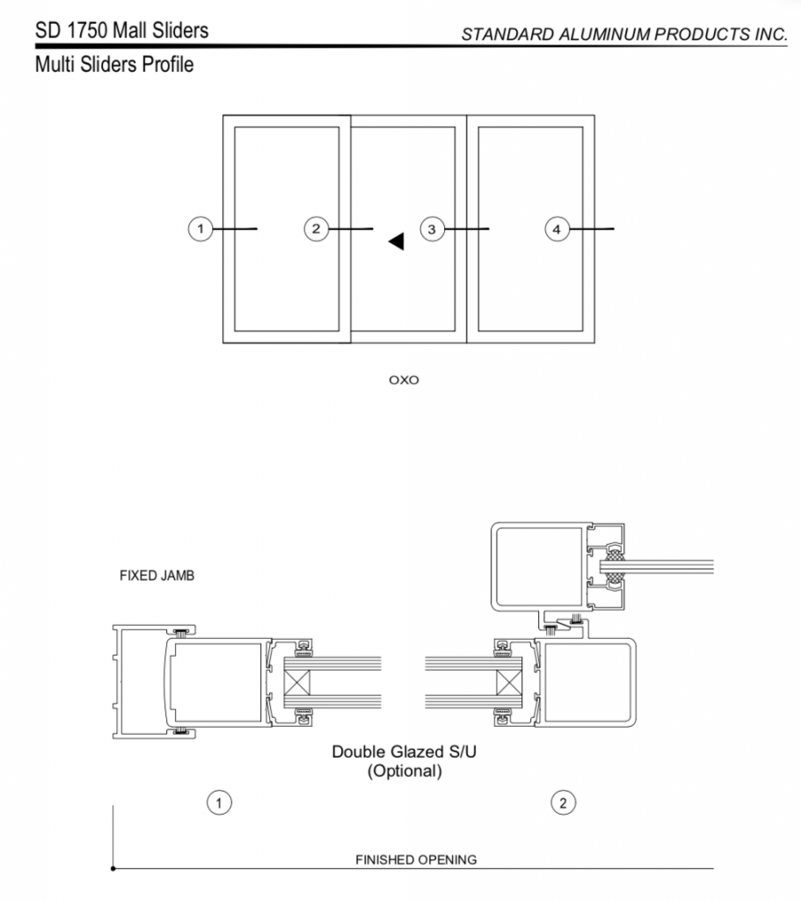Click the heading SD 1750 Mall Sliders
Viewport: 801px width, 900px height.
click(x=121, y=31)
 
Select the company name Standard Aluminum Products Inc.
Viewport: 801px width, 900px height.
click(x=624, y=34)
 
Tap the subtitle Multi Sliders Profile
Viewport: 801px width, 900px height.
click(x=113, y=64)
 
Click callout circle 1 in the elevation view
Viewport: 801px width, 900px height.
click(x=200, y=229)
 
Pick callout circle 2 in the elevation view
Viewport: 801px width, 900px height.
click(x=316, y=229)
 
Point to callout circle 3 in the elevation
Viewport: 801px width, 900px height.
click(x=431, y=229)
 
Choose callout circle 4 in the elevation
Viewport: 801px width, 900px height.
click(x=556, y=229)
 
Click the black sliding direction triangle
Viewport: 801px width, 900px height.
click(x=397, y=242)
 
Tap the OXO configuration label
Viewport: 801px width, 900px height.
click(x=404, y=381)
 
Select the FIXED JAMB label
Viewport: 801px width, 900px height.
click(x=156, y=577)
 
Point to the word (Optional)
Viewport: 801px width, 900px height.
click(x=404, y=772)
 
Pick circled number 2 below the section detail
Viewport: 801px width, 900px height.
click(x=563, y=802)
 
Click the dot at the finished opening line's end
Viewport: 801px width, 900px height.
click(x=113, y=868)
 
